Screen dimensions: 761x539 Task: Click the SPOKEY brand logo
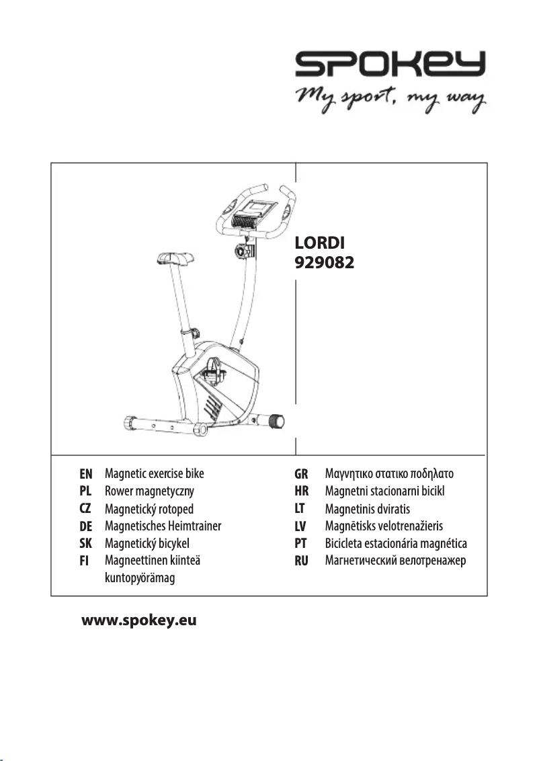click(x=390, y=66)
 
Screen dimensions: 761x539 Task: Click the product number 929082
click(x=325, y=262)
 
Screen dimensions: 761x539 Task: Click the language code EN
click(x=86, y=473)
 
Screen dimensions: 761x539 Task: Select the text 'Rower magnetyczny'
click(x=149, y=491)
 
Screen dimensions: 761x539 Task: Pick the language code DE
click(x=86, y=526)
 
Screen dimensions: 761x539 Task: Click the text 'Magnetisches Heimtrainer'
click(x=163, y=526)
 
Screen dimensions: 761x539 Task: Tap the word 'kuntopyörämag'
click(x=140, y=578)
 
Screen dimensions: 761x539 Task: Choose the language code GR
click(x=301, y=473)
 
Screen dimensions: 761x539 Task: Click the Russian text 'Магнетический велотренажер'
click(x=395, y=561)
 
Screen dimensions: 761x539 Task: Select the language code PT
click(x=301, y=543)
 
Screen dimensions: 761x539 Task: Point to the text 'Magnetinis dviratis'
click(x=367, y=509)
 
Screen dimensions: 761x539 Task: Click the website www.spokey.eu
click(x=139, y=620)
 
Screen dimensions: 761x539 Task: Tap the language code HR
click(x=301, y=491)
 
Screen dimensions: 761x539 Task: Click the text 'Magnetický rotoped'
click(x=149, y=509)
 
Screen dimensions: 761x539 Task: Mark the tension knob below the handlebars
click(x=244, y=252)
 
